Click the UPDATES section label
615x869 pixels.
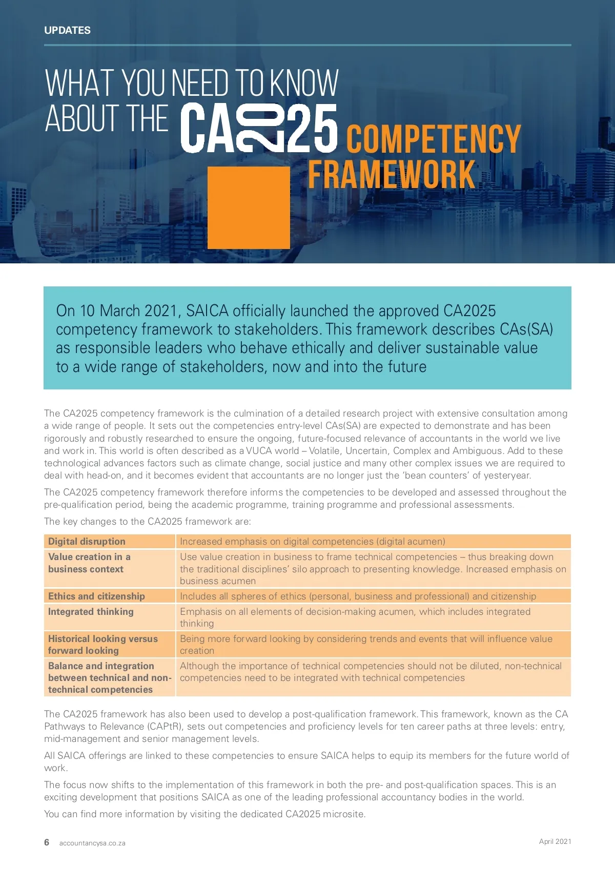pyautogui.click(x=67, y=30)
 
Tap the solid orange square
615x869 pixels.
pyautogui.click(x=249, y=208)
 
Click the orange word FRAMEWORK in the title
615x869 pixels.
pyautogui.click(x=392, y=175)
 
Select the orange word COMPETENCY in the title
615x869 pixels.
pyautogui.click(x=434, y=138)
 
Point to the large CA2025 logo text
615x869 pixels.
pyautogui.click(x=259, y=128)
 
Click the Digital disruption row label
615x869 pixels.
pyautogui.click(x=87, y=542)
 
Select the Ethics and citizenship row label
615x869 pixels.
pyautogui.click(x=96, y=596)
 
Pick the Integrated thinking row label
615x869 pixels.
pyautogui.click(x=91, y=611)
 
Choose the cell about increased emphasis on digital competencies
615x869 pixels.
pyautogui.click(x=313, y=542)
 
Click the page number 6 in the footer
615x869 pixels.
pyautogui.click(x=47, y=842)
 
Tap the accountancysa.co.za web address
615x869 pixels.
pyautogui.click(x=92, y=843)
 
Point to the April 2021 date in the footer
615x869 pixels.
pyautogui.click(x=555, y=841)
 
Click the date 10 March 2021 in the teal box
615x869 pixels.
pyautogui.click(x=125, y=311)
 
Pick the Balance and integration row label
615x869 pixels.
pyautogui.click(x=109, y=677)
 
